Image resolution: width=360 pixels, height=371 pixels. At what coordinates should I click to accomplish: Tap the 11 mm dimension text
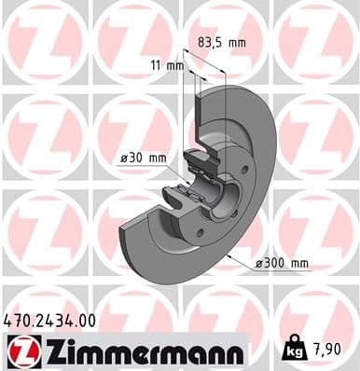(168, 65)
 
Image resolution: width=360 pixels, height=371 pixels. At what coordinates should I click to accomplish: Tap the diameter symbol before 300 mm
(257, 264)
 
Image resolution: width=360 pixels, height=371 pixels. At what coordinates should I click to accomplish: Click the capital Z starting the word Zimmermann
(48, 351)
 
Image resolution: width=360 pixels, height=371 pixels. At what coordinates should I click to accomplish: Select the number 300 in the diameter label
(274, 264)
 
